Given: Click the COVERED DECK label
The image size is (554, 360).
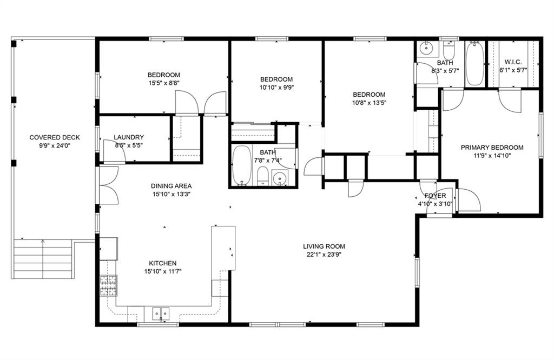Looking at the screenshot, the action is [x=55, y=138].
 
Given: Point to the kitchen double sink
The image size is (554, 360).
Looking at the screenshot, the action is [x=161, y=313].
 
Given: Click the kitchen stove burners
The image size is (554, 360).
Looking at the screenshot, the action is [x=108, y=285].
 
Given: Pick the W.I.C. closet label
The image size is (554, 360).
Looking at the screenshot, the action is [x=513, y=62].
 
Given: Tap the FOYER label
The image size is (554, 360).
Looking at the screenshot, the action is [x=436, y=196].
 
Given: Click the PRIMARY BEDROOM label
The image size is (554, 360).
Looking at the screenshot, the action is [x=492, y=148].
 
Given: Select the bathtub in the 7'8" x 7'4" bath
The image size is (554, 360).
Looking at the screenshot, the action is [x=242, y=165].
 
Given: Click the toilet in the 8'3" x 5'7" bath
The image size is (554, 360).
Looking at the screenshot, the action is [x=449, y=51].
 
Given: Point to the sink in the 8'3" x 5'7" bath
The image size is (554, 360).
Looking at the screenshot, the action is [x=427, y=48].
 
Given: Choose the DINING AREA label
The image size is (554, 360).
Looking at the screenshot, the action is [x=172, y=186].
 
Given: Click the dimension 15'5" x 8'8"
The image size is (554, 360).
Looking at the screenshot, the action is [x=163, y=83].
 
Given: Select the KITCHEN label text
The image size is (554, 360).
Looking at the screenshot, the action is [x=162, y=263].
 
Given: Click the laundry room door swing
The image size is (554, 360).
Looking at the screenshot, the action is [x=114, y=151].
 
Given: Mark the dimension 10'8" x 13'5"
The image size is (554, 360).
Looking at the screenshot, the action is [x=369, y=103].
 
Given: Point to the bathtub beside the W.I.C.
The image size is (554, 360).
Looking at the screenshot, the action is [x=474, y=64].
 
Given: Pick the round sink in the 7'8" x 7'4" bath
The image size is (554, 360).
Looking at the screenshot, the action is [x=280, y=177].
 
